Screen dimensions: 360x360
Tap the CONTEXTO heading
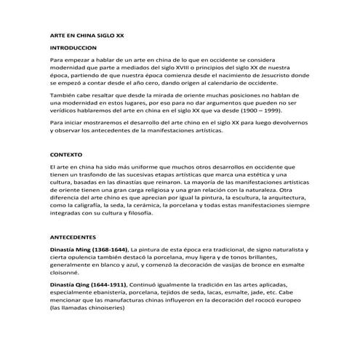point(65,155)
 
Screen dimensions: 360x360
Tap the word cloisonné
point(67,276)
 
